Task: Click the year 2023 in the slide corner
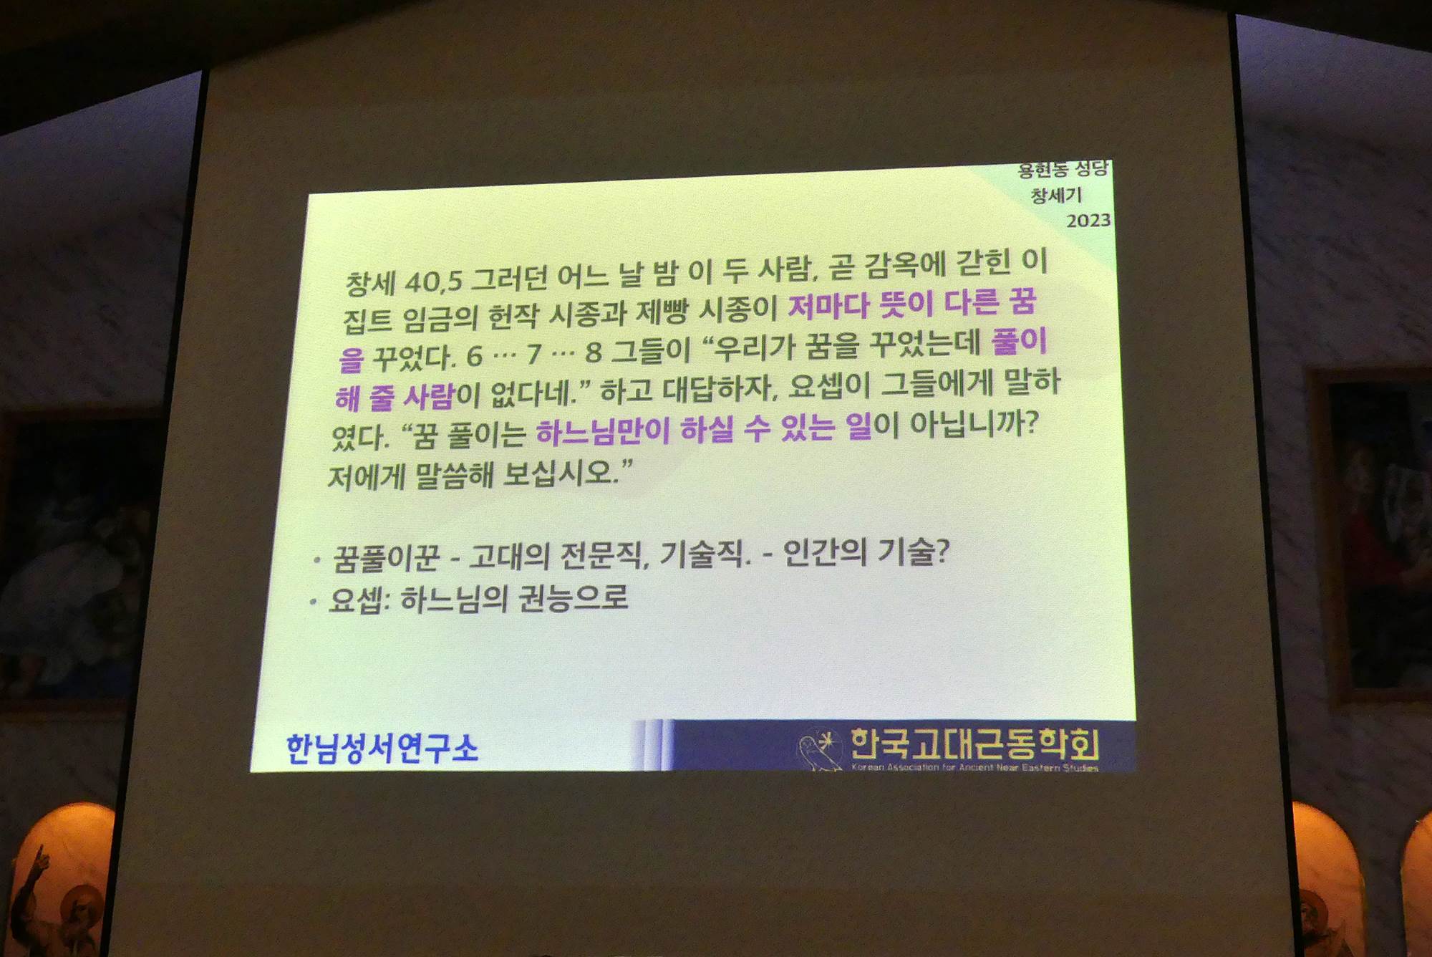(x=1088, y=221)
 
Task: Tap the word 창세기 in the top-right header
(x=1056, y=195)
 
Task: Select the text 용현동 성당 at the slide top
(x=1063, y=170)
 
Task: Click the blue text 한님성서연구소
(x=382, y=749)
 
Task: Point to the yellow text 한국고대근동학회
(x=974, y=744)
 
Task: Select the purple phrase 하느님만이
(x=602, y=431)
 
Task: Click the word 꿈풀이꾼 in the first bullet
(x=385, y=558)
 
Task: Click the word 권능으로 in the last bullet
(x=573, y=597)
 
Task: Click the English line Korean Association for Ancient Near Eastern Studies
(x=974, y=767)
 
